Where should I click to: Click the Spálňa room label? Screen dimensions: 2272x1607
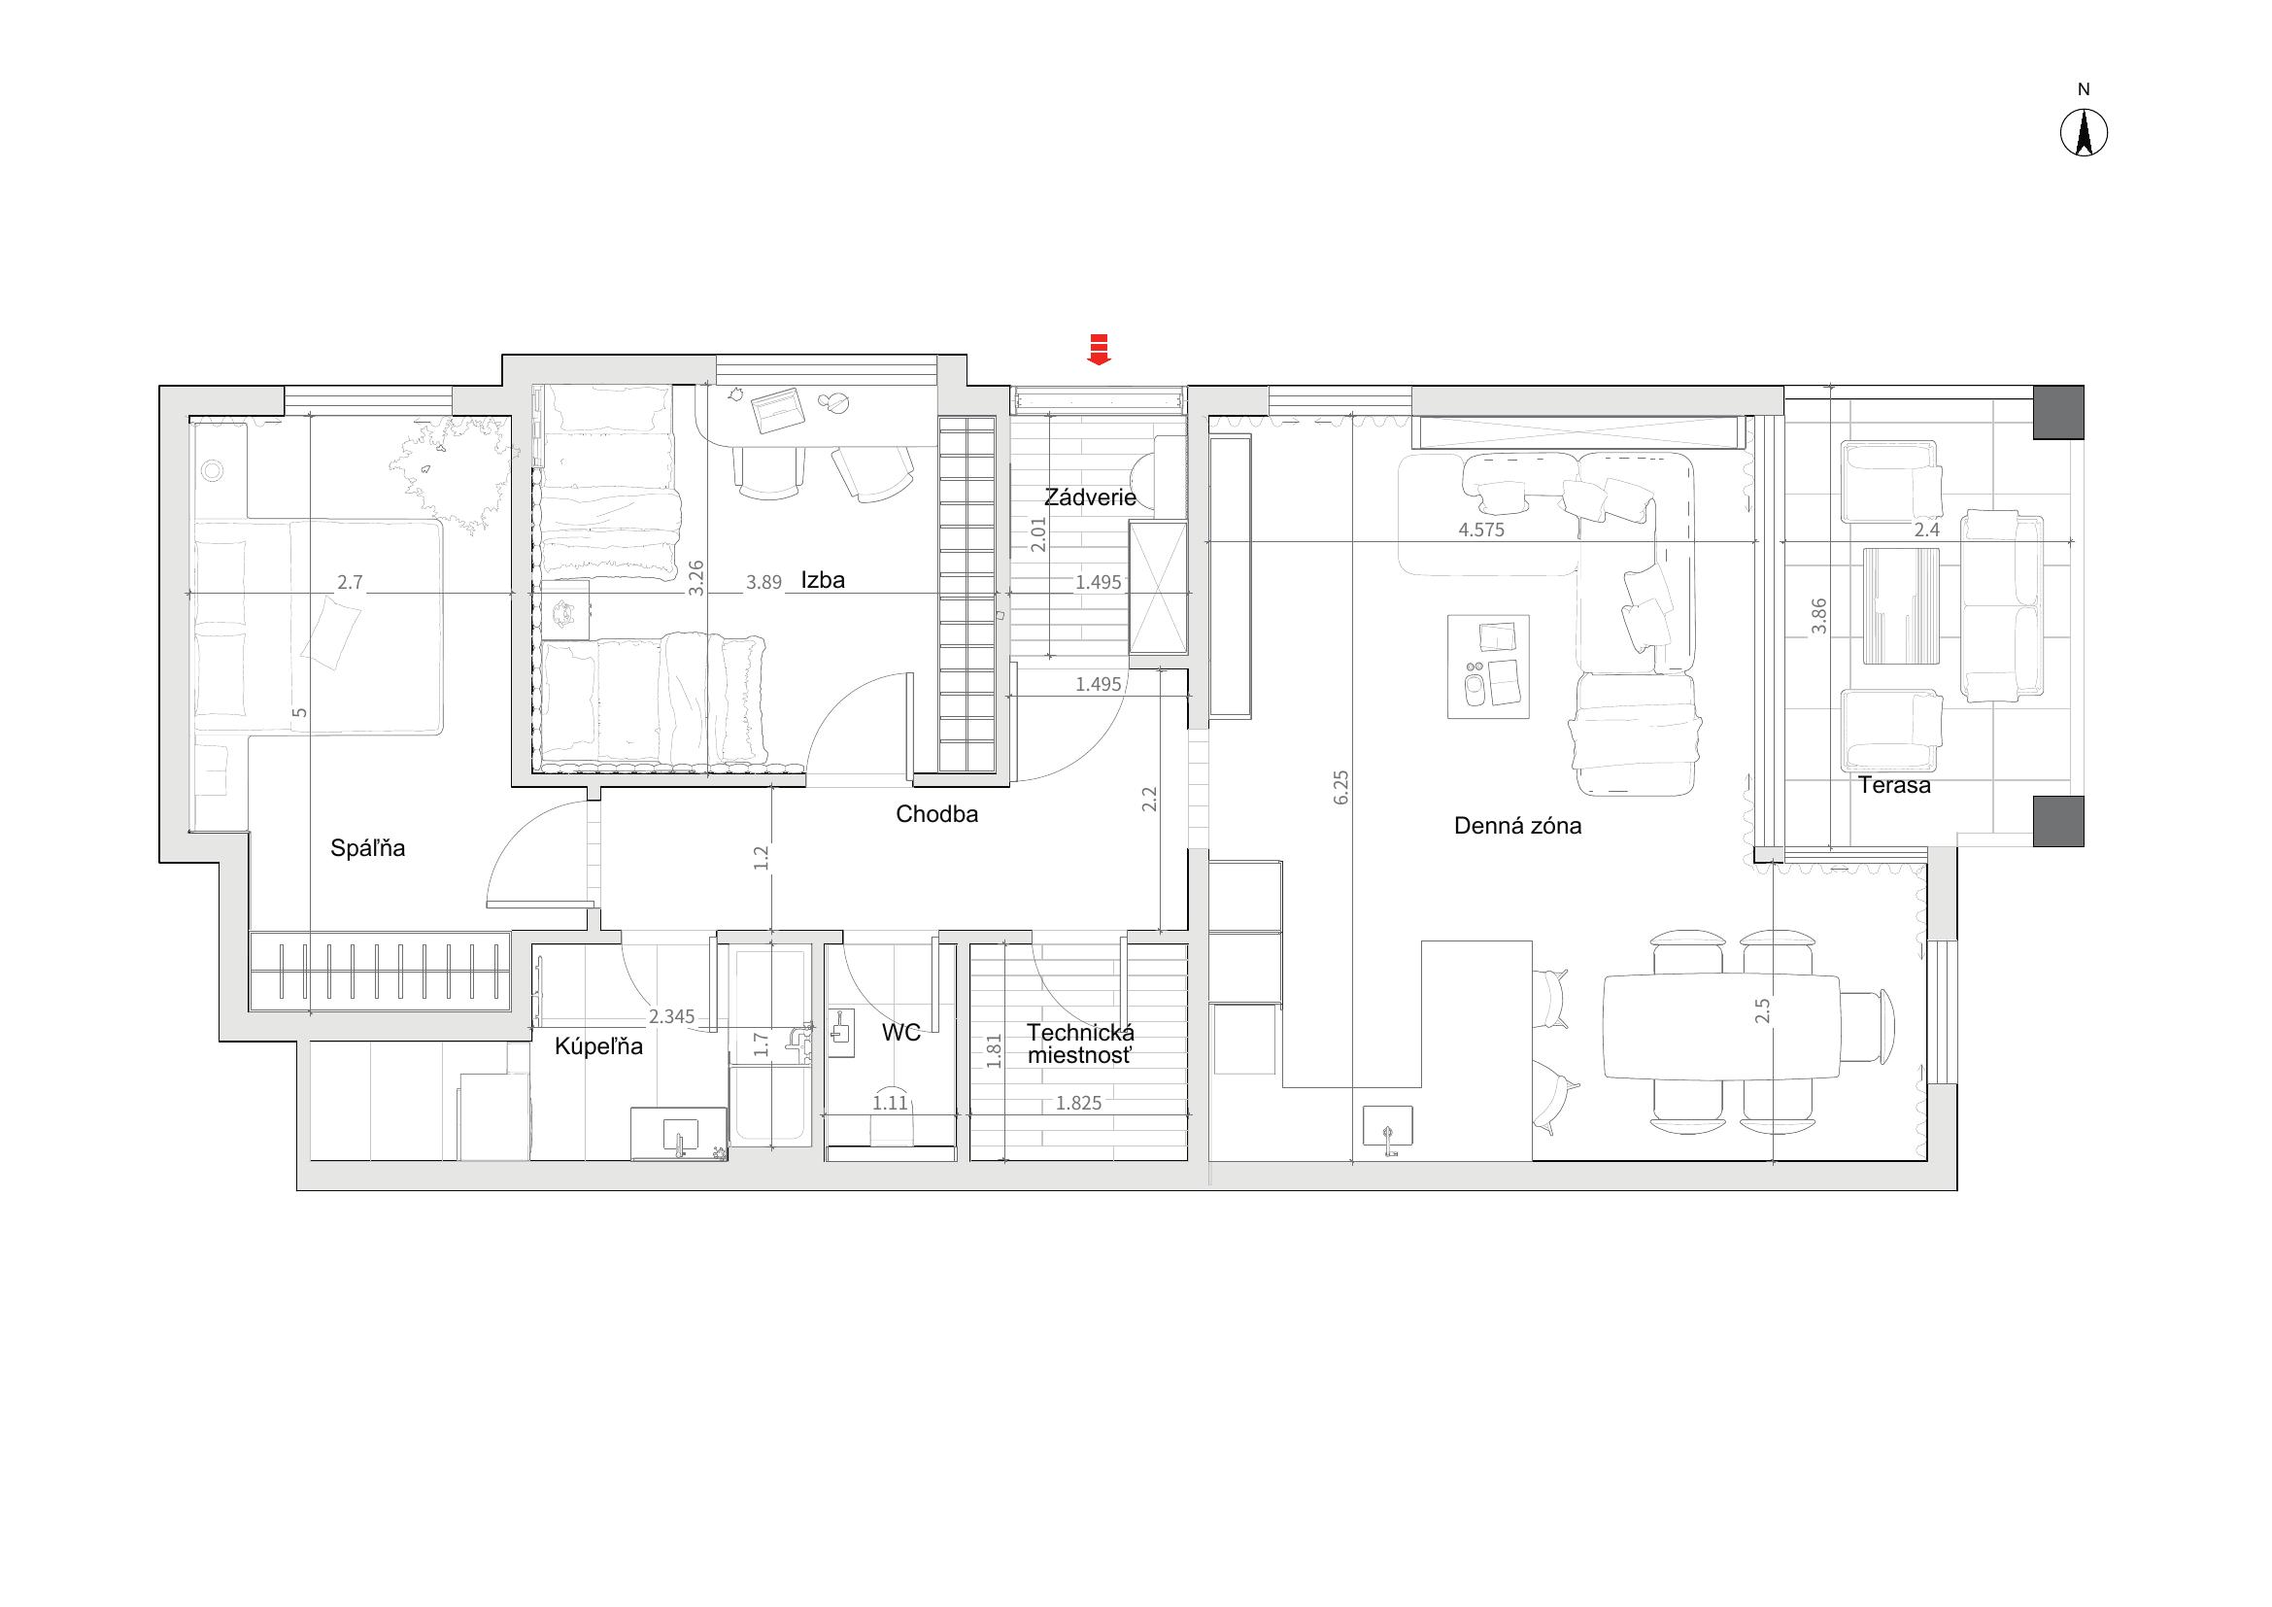pyautogui.click(x=368, y=848)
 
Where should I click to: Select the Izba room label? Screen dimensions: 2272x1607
pyautogui.click(x=824, y=580)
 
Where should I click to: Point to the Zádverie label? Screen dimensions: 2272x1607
pyautogui.click(x=1091, y=496)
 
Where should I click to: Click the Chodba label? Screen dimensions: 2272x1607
pyautogui.click(x=937, y=814)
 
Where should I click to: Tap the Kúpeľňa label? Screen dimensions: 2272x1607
pyautogui.click(x=598, y=1046)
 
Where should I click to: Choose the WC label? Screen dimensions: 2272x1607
pyautogui.click(x=900, y=1033)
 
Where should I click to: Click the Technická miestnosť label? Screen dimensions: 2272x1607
pyautogui.click(x=1079, y=1043)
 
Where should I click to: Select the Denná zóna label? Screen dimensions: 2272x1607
pyautogui.click(x=1518, y=825)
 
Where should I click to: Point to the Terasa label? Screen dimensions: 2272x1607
pyautogui.click(x=1894, y=786)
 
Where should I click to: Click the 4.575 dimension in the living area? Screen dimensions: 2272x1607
pyautogui.click(x=1481, y=530)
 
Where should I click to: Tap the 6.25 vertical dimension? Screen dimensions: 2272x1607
pyautogui.click(x=1340, y=787)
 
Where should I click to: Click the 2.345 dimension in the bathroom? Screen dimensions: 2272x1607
pyautogui.click(x=672, y=1016)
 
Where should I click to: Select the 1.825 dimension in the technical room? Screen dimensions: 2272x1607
pyautogui.click(x=1077, y=1103)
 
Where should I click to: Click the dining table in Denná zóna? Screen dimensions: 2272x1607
pyautogui.click(x=1721, y=1026)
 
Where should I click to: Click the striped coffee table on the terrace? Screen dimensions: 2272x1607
pyautogui.click(x=1901, y=605)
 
